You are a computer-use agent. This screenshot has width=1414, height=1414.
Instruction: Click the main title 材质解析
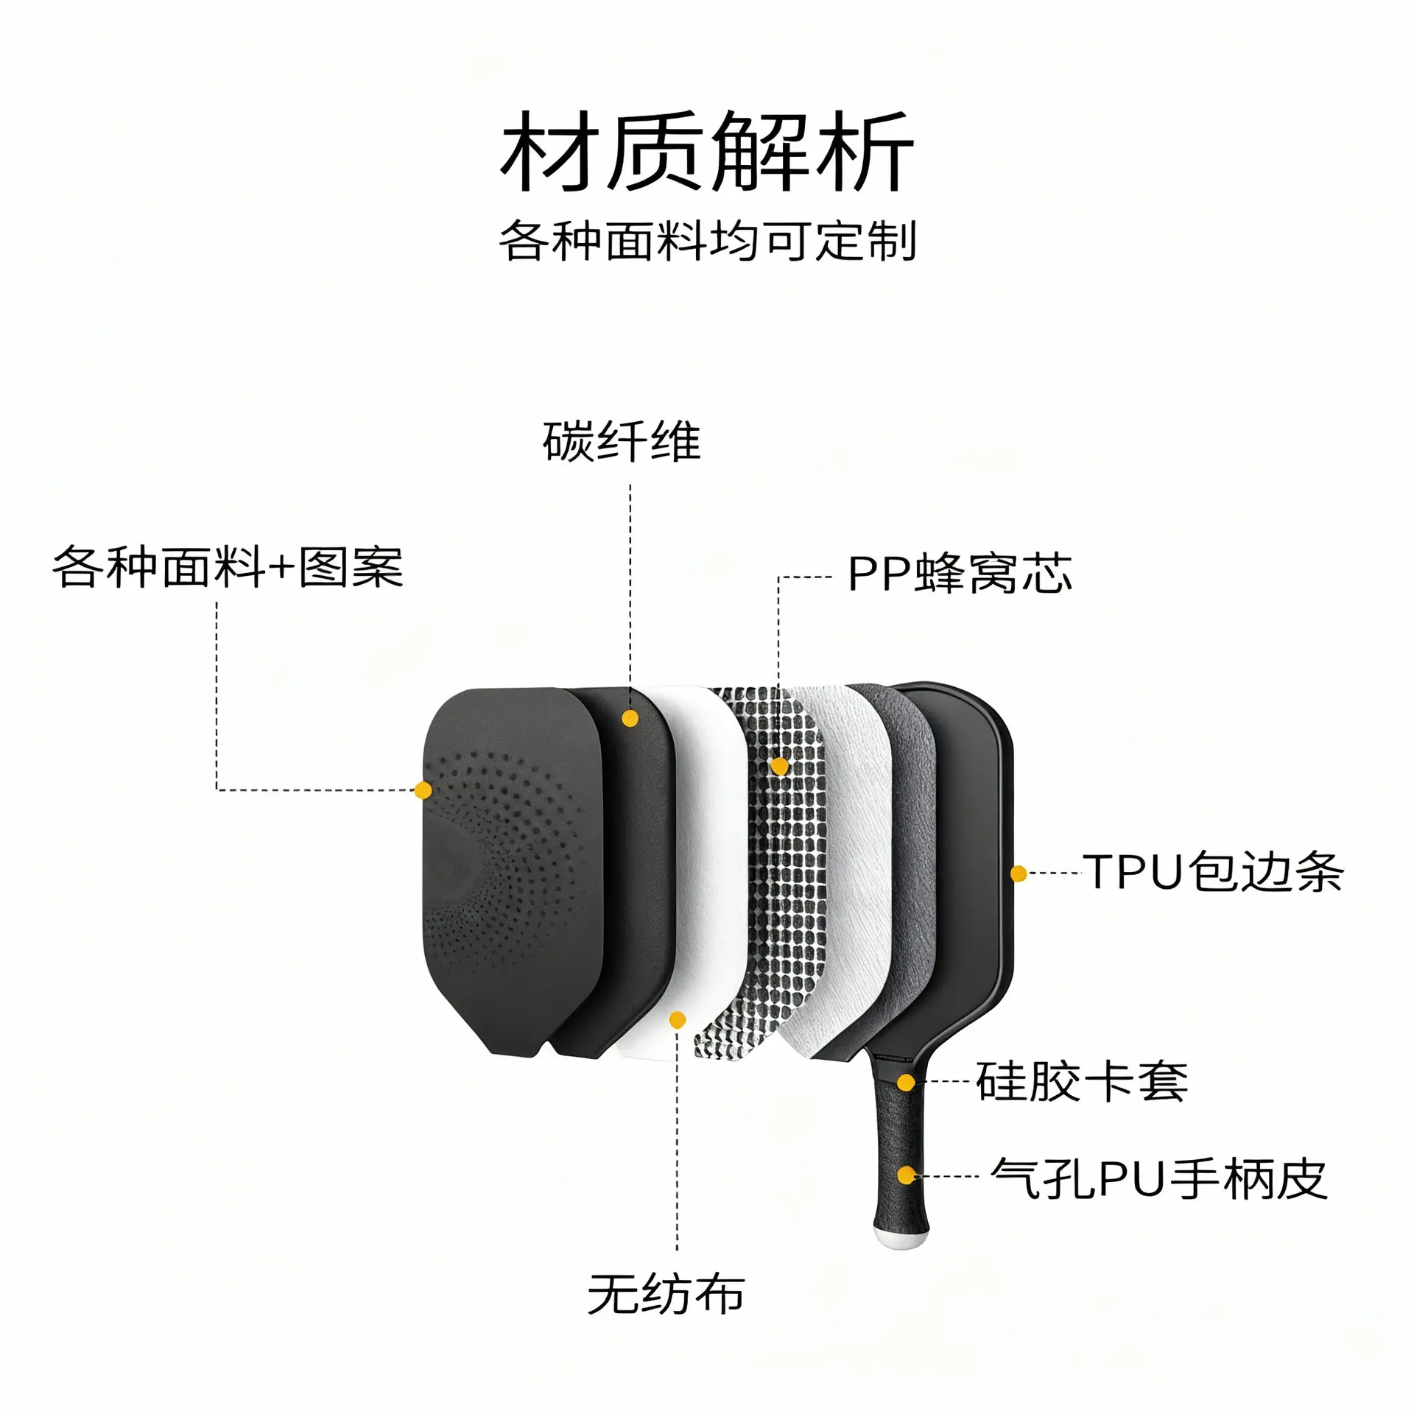707,152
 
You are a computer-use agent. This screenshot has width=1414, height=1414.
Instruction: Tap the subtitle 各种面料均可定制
708,241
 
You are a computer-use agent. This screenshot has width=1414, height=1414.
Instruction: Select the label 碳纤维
622,442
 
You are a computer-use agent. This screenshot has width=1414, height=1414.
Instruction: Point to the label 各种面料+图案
228,568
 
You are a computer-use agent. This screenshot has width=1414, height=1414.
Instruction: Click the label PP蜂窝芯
960,574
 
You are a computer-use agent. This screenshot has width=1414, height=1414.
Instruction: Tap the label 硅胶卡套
1082,1082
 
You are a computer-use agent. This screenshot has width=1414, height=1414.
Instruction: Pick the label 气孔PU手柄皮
1159,1178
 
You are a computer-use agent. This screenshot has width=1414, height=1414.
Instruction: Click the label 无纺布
666,1294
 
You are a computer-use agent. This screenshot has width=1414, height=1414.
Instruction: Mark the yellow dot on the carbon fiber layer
630,718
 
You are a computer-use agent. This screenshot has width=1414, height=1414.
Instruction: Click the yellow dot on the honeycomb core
779,767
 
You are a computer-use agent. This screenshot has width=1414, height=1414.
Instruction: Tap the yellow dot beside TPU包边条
1019,873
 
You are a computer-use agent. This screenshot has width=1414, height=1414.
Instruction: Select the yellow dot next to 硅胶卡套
907,1082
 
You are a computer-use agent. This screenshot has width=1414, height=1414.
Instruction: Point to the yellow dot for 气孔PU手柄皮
907,1175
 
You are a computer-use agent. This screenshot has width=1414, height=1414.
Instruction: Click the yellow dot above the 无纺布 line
678,1020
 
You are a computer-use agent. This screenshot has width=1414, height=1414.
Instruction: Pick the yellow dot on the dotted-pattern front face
423,790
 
